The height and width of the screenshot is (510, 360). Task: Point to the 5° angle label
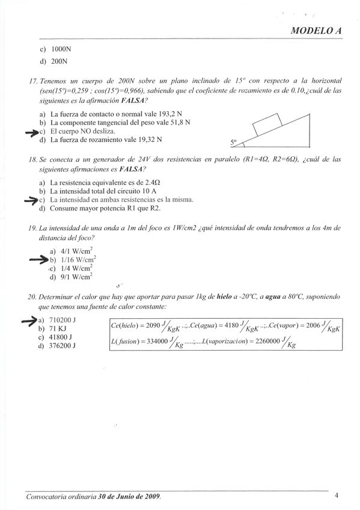234,143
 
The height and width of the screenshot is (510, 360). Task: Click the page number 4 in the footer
337,496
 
